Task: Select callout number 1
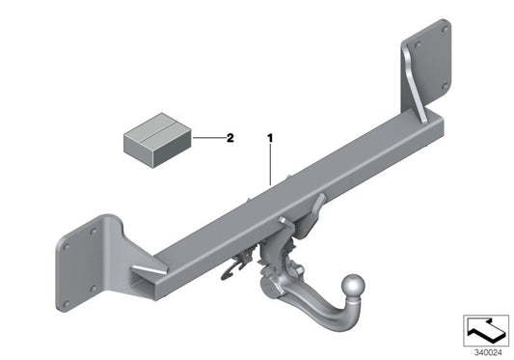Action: (x=271, y=138)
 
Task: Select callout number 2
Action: (x=230, y=138)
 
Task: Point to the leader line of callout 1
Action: (x=271, y=164)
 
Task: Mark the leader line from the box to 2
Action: (x=206, y=138)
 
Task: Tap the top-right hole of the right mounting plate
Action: (x=443, y=30)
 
